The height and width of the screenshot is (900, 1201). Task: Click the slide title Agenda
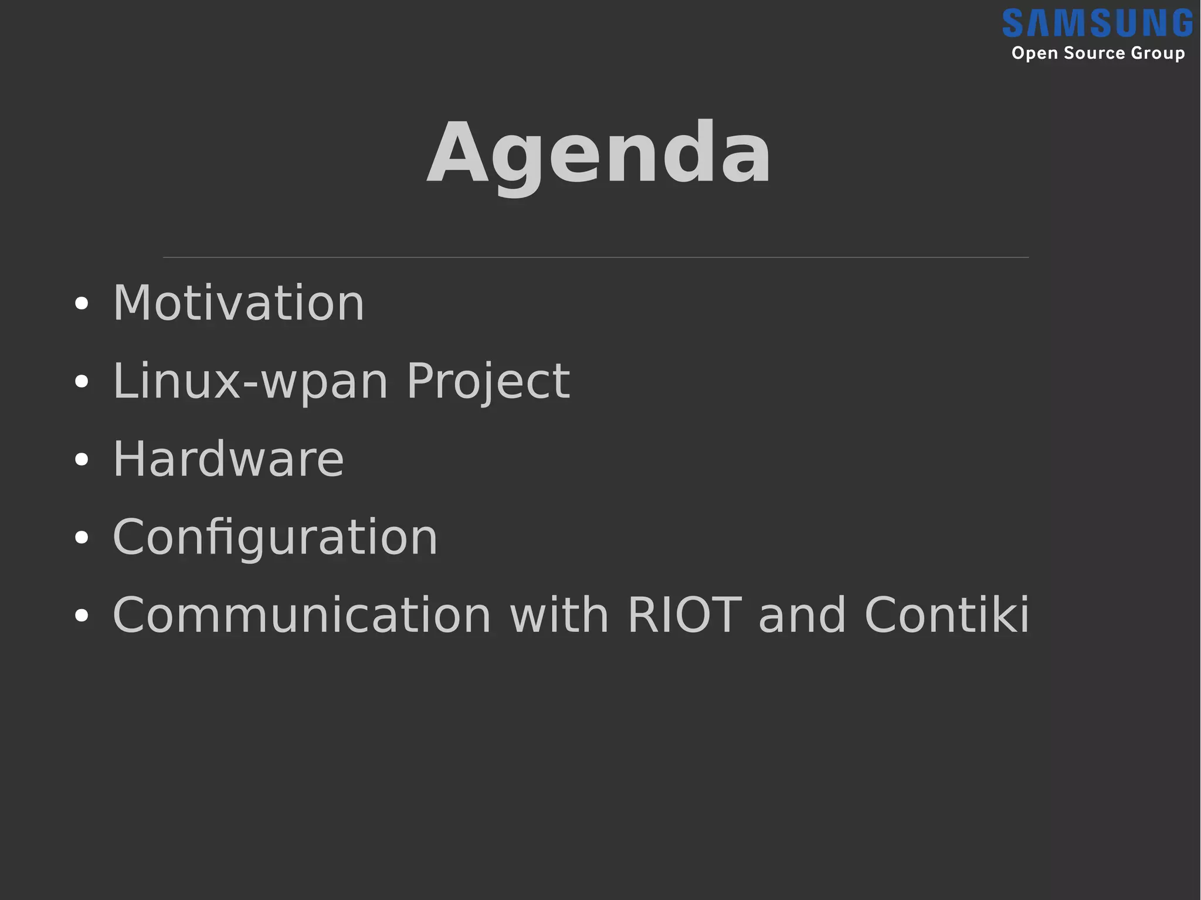[x=599, y=154]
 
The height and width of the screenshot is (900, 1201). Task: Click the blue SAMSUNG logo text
[x=1097, y=23]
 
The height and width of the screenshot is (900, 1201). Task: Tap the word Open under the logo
[x=1034, y=53]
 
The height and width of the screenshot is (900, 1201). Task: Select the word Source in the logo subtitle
[x=1094, y=53]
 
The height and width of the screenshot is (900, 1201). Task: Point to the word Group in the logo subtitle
[x=1158, y=53]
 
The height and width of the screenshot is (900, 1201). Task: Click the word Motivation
[x=239, y=303]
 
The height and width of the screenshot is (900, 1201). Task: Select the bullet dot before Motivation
[x=82, y=304]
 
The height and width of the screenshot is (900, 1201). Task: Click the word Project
[x=488, y=382]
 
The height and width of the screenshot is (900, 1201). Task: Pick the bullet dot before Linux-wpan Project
[x=82, y=382]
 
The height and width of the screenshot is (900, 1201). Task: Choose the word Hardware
[x=228, y=459]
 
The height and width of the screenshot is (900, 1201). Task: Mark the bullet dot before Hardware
[x=82, y=460]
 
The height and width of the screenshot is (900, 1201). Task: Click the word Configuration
[x=275, y=537]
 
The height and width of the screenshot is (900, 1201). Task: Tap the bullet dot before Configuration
[x=82, y=538]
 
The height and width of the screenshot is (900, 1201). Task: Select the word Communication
[x=302, y=615]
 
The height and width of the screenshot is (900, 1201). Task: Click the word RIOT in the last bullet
[x=684, y=615]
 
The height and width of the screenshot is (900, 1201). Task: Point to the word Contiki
[x=946, y=615]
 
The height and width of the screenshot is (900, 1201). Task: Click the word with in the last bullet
[x=560, y=615]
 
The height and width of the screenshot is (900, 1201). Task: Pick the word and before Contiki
[x=802, y=615]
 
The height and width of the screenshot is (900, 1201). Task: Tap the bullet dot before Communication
[x=82, y=616]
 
